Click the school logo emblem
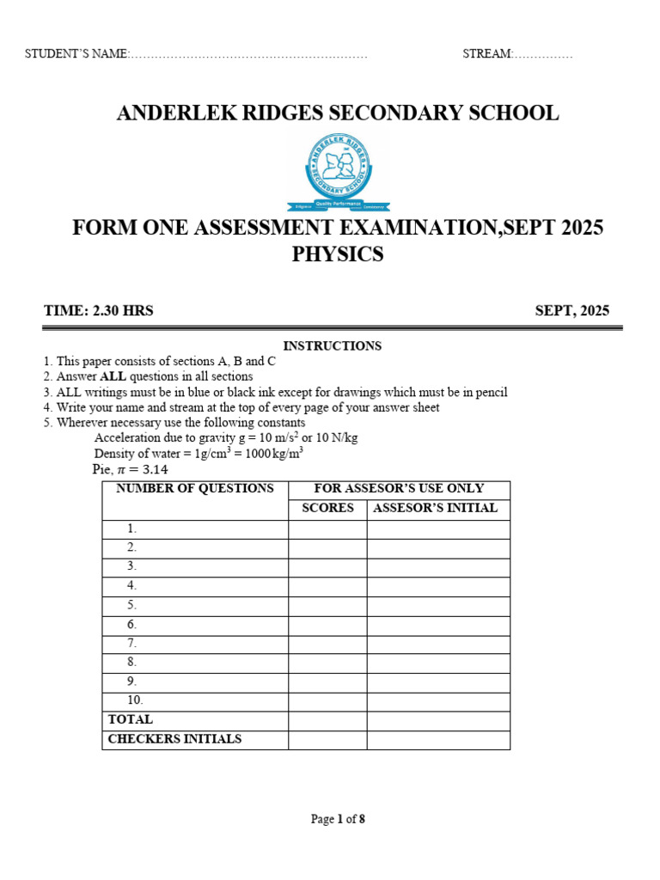(x=338, y=172)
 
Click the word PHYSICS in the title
(x=338, y=255)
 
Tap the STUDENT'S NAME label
(x=76, y=54)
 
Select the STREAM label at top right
(x=487, y=54)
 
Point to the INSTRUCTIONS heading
(x=332, y=345)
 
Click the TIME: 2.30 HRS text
(x=99, y=311)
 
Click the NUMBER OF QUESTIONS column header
(x=195, y=488)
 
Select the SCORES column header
(x=327, y=508)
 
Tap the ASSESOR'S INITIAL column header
(x=435, y=508)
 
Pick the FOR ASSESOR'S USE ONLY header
(x=399, y=488)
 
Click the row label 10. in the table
(x=135, y=700)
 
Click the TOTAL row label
(x=131, y=719)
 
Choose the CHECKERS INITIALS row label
(x=174, y=739)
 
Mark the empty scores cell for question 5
(x=327, y=606)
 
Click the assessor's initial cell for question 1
(x=438, y=529)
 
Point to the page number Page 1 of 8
(x=338, y=819)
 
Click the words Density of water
(x=134, y=454)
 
